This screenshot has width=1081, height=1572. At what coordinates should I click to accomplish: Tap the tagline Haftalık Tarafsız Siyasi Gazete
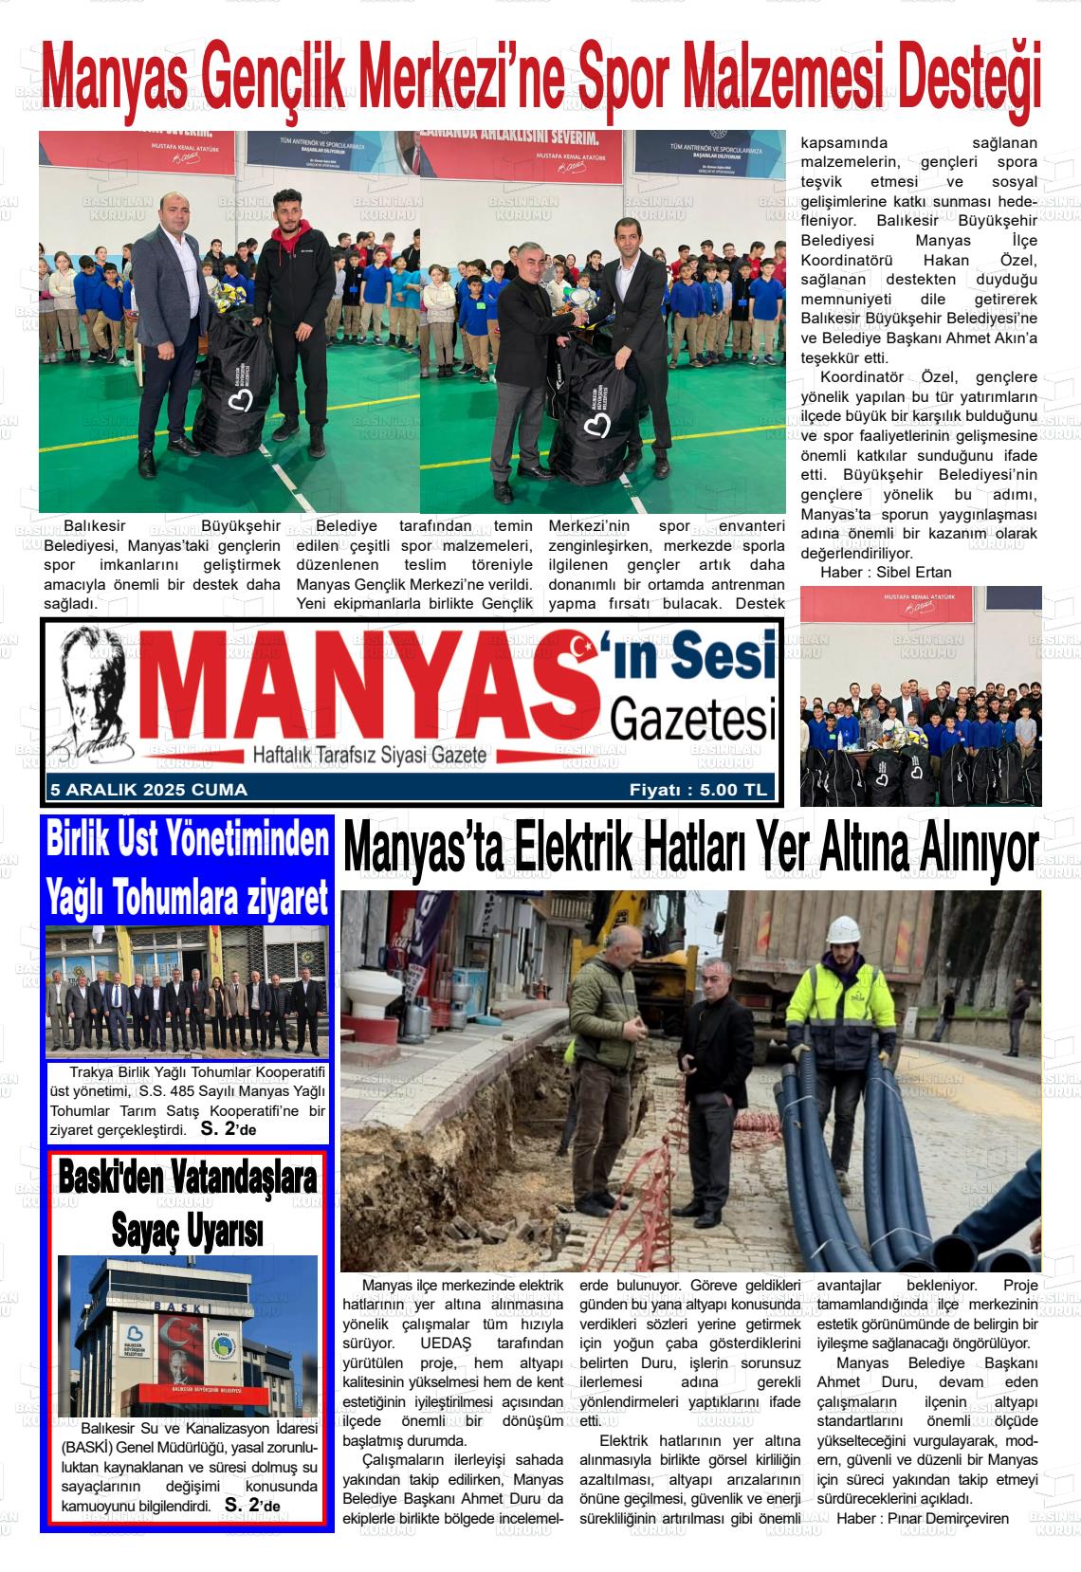pos(369,755)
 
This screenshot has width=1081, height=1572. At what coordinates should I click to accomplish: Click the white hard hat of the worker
pos(841,928)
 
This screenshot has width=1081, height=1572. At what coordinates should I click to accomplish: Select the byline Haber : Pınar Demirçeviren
pos(922,1518)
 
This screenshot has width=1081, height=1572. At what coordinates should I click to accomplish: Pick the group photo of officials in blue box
pos(187,993)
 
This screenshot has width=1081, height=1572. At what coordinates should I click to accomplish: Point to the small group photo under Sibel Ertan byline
pos(920,696)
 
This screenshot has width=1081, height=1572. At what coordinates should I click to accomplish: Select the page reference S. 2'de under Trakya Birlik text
pos(229,1128)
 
